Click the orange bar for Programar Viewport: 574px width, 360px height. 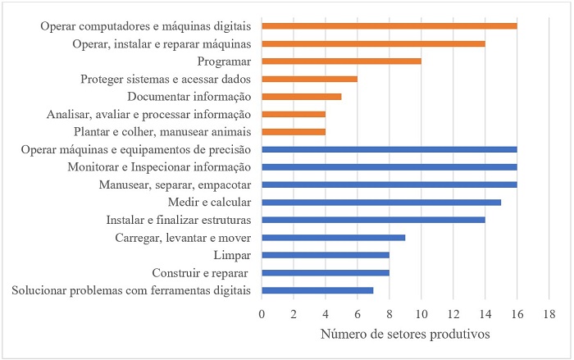pyautogui.click(x=341, y=61)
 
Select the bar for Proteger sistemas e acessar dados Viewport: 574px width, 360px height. pyautogui.click(x=309, y=79)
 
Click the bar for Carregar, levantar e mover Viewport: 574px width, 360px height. pyautogui.click(x=333, y=237)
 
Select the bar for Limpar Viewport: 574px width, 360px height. pyautogui.click(x=326, y=255)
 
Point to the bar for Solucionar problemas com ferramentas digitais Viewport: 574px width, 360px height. pyautogui.click(x=317, y=290)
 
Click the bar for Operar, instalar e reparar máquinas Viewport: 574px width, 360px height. pyautogui.click(x=373, y=43)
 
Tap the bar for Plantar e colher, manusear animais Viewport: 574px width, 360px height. pyautogui.click(x=294, y=131)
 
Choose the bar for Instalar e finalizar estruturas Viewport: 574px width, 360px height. pyautogui.click(x=373, y=220)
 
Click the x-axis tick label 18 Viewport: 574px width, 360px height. pyautogui.click(x=549, y=314)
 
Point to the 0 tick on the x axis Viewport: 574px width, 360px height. pyautogui.click(x=262, y=314)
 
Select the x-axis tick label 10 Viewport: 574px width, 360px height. pyautogui.click(x=421, y=314)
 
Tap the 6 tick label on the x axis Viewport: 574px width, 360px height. pyautogui.click(x=358, y=314)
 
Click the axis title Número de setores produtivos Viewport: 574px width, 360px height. pyautogui.click(x=406, y=336)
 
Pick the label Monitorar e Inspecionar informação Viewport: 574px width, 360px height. pyautogui.click(x=161, y=166)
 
